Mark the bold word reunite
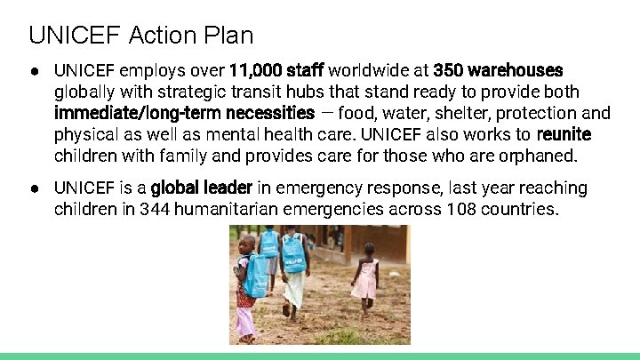[564, 135]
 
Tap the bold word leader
[229, 188]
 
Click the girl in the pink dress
[365, 280]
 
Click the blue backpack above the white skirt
[293, 252]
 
